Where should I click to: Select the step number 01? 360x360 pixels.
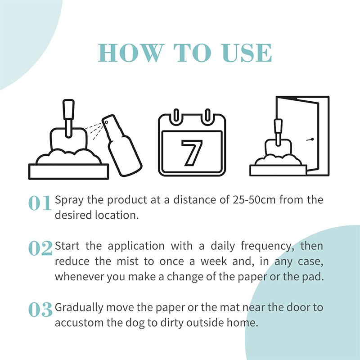pyautogui.click(x=40, y=203)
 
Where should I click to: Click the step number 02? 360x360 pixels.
pyautogui.click(x=40, y=248)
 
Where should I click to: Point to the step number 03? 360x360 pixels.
pyautogui.click(x=40, y=310)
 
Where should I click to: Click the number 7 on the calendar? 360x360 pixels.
pyautogui.click(x=192, y=153)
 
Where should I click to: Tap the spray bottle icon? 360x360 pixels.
pyautogui.click(x=121, y=145)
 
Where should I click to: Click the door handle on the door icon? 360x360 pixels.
pyautogui.click(x=310, y=139)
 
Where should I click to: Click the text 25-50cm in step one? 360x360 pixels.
pyautogui.click(x=254, y=200)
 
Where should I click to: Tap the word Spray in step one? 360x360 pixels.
pyautogui.click(x=69, y=200)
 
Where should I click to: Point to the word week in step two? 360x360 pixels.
pyautogui.click(x=213, y=261)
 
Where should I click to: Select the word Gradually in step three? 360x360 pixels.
pyautogui.click(x=79, y=308)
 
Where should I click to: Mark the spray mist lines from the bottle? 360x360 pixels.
pyautogui.click(x=94, y=131)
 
